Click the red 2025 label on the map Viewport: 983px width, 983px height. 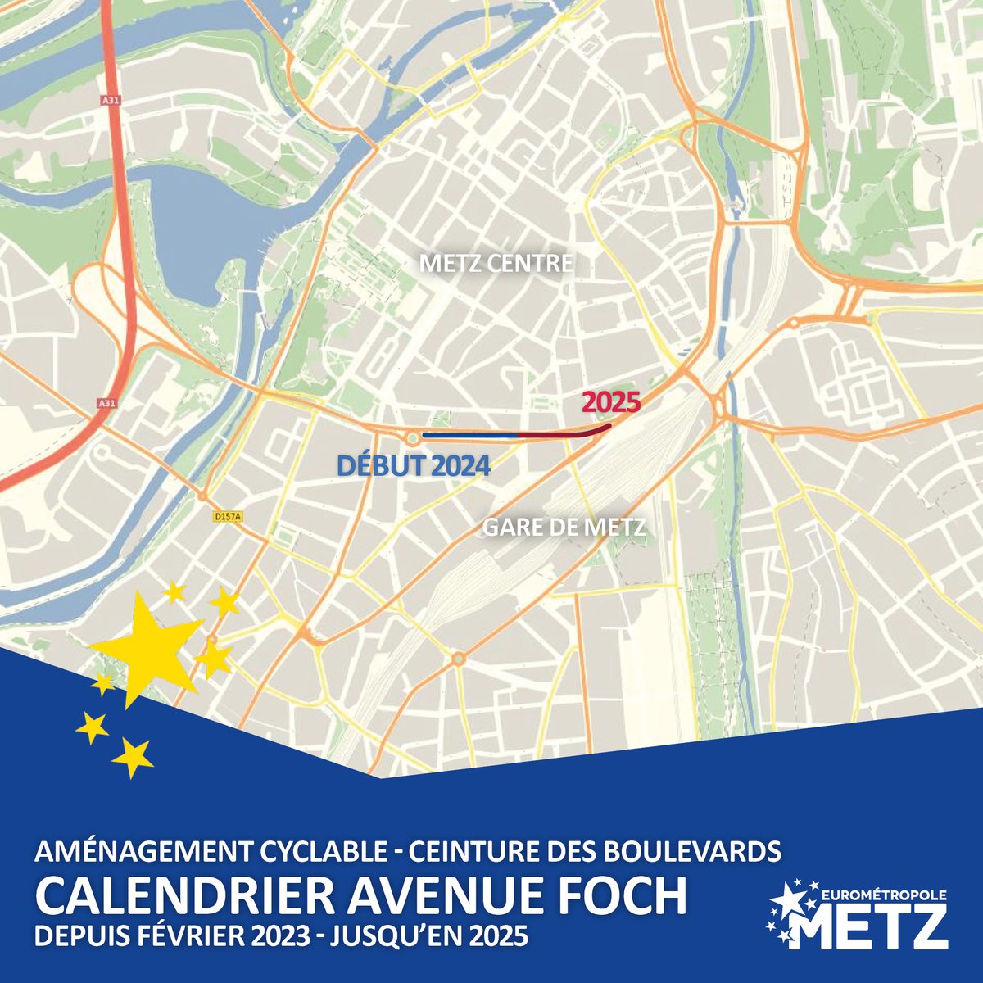pos(609,404)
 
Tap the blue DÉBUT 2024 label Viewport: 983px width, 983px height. pos(414,466)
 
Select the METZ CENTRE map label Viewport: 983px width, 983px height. pos(496,264)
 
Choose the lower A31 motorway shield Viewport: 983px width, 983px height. pos(106,403)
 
